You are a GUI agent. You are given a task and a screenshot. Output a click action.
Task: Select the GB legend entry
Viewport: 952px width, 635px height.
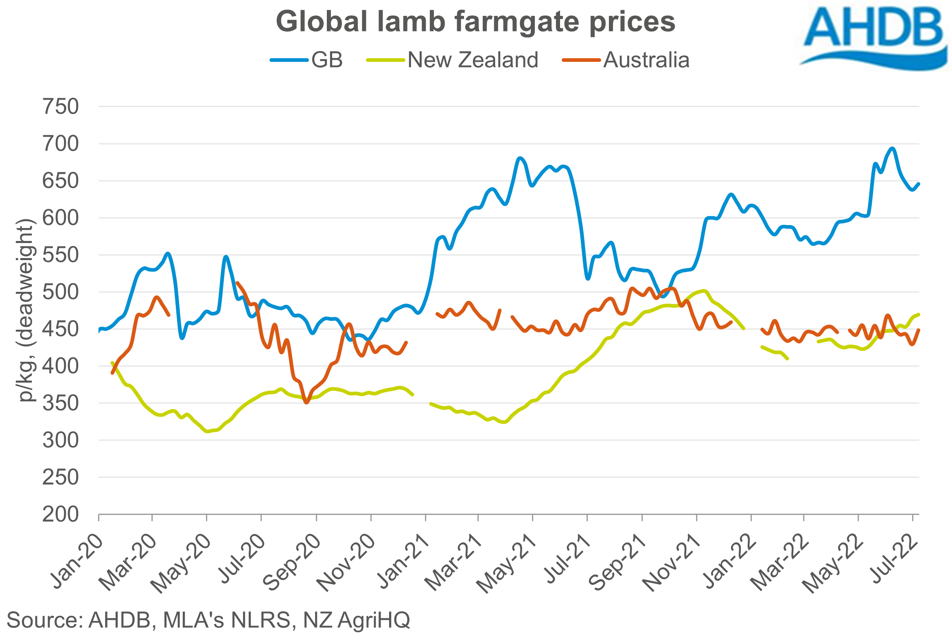327,60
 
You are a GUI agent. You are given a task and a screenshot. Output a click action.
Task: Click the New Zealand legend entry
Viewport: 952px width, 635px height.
473,60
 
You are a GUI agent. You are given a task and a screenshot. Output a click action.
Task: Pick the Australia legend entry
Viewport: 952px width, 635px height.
646,60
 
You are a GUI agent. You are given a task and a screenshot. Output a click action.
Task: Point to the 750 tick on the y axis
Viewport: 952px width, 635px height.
61,107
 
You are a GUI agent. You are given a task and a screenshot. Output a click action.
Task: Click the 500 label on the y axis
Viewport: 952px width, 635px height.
61,292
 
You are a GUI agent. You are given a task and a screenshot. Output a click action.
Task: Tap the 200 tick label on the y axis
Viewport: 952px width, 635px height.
61,515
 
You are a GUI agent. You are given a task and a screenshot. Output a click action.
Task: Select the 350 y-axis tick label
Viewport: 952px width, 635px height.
61,403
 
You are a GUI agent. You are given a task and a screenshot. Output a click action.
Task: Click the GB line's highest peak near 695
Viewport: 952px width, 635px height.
892,149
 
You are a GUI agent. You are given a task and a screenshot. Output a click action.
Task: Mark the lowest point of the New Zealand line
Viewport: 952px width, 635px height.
208,431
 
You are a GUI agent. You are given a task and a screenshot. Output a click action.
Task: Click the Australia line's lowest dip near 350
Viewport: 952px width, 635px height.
306,403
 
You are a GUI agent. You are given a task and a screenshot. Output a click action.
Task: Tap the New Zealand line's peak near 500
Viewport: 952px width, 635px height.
704,291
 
